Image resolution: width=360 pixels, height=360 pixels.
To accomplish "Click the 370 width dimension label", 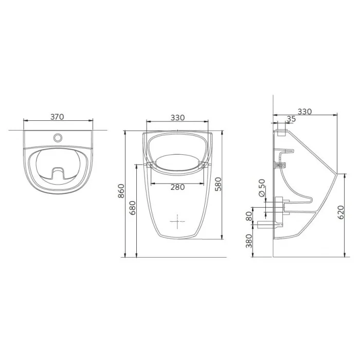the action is (x=57, y=117).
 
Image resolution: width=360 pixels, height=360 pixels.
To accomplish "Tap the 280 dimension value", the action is (x=177, y=187).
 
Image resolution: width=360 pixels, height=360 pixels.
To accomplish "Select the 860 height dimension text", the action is (x=121, y=191).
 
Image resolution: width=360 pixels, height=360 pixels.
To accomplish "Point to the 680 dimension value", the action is (x=133, y=208).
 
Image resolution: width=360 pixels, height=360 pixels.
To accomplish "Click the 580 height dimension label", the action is (x=218, y=184).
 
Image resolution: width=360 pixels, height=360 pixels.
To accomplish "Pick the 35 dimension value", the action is (x=292, y=119).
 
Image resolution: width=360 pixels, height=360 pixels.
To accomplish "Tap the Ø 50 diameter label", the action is (x=262, y=188).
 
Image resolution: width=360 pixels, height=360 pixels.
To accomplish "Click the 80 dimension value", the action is (x=249, y=217).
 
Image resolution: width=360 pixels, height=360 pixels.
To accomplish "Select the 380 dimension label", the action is (x=249, y=241).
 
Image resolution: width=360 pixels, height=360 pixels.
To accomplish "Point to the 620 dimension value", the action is (x=341, y=212).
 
